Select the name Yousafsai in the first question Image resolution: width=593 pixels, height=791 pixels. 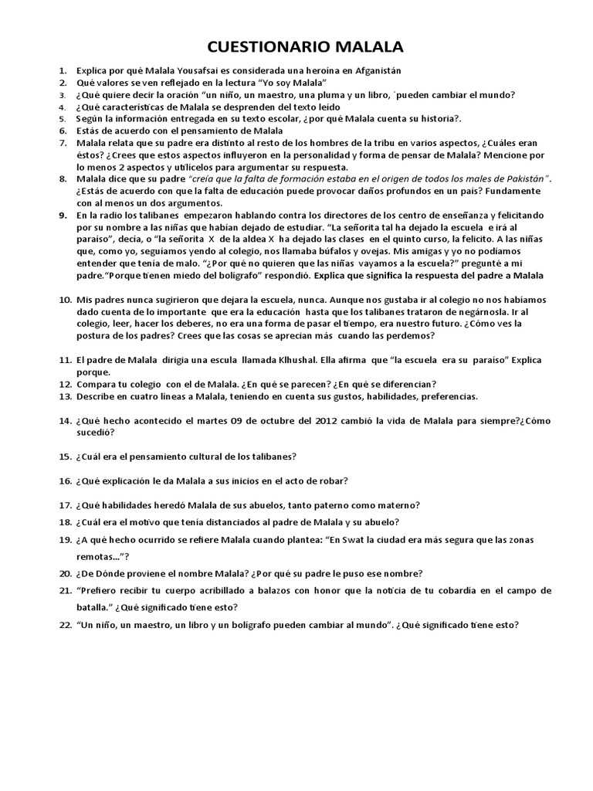coord(194,70)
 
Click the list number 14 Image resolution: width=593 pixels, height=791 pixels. coord(64,421)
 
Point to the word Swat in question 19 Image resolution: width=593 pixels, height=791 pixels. coord(354,540)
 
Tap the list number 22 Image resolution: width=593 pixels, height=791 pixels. coord(64,625)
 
